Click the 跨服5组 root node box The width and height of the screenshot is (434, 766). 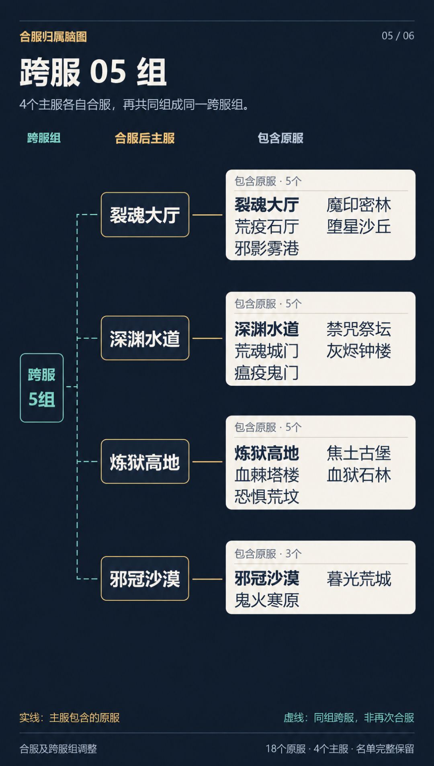(42, 388)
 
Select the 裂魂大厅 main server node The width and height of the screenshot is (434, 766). (145, 215)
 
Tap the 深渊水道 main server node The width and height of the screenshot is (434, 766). (145, 338)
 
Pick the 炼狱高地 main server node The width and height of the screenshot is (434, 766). (145, 461)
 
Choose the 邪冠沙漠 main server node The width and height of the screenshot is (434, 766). (145, 578)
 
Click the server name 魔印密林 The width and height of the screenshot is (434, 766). (359, 205)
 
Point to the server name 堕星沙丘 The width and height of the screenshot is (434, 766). (359, 227)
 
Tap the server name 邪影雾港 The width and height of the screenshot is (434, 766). (267, 248)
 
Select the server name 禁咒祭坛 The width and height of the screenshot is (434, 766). (359, 329)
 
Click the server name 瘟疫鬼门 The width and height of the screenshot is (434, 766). (267, 373)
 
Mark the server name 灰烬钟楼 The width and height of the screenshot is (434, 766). (359, 351)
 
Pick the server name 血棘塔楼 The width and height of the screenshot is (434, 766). (267, 475)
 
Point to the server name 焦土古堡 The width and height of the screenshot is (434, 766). (359, 453)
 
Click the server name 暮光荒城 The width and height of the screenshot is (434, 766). (359, 579)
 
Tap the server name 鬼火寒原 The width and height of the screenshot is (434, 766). (267, 600)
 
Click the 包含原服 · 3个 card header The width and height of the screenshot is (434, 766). (268, 554)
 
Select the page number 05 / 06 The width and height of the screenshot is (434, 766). (398, 36)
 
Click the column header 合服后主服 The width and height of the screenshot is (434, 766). (145, 138)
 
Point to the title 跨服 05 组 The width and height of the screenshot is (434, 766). (93, 72)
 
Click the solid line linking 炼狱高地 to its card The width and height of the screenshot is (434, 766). (207, 462)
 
